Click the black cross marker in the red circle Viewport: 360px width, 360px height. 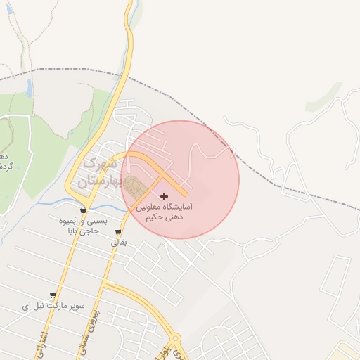coord(165,196)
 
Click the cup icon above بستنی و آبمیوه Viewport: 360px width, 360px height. coord(84,210)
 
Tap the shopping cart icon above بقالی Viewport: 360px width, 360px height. coord(117,232)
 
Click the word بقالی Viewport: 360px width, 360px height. coord(117,243)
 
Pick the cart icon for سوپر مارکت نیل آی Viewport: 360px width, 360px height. coord(53,296)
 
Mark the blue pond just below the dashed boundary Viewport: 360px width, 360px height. coord(29,88)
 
